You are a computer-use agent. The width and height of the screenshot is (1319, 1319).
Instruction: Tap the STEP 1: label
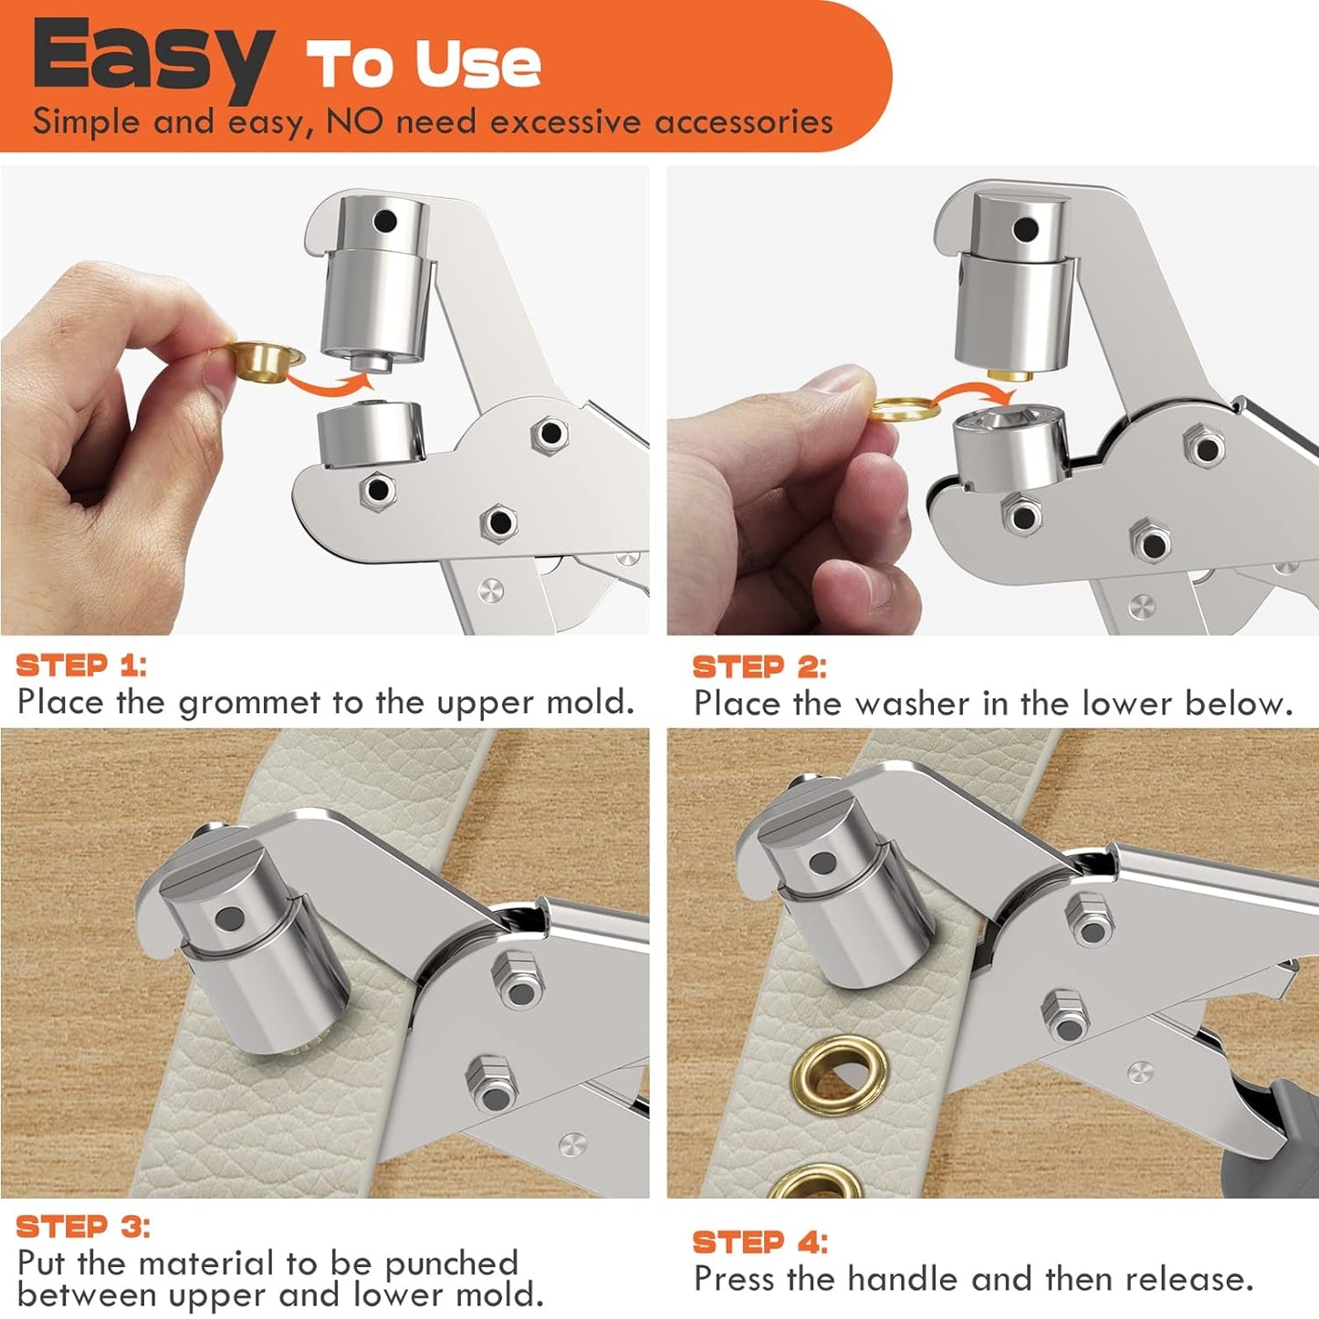[81, 665]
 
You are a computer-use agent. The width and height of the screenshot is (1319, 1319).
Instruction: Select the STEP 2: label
[759, 667]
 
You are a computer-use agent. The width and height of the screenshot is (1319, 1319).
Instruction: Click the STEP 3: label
[82, 1226]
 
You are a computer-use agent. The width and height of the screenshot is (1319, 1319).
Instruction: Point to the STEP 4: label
[759, 1241]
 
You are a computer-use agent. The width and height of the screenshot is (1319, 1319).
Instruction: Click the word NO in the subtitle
[356, 121]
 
